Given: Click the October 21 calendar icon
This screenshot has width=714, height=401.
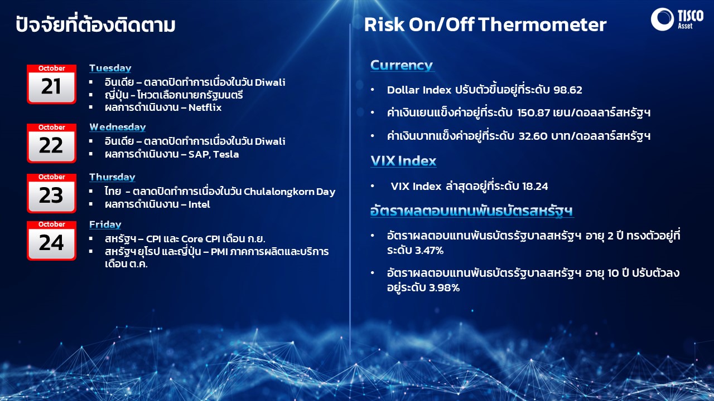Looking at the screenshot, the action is [x=51, y=84].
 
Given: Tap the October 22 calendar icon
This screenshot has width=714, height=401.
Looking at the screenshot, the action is [x=51, y=143].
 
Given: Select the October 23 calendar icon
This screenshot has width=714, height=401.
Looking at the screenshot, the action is [x=51, y=193].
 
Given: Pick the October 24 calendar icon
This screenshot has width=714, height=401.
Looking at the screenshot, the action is [x=51, y=241].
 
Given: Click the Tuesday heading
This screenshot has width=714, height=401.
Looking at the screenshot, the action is [x=110, y=68].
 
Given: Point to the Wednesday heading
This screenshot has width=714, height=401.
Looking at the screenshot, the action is [x=118, y=128].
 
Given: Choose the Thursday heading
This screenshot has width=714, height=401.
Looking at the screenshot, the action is [x=112, y=177].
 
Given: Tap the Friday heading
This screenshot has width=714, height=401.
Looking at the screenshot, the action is [x=105, y=224].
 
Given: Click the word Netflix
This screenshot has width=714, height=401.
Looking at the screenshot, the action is [x=205, y=107].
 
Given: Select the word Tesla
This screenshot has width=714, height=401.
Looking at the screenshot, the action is [x=226, y=154].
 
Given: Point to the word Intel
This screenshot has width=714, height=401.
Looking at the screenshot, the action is [x=199, y=204].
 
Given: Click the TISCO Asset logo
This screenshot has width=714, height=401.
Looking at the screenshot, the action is [x=677, y=19].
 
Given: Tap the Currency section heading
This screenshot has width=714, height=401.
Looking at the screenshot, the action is [x=402, y=65].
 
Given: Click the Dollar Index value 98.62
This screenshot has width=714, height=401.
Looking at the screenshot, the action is [x=568, y=90].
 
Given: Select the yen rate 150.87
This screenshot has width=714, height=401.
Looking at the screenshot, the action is [x=534, y=113].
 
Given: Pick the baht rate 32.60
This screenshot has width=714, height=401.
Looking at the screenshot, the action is [x=533, y=136].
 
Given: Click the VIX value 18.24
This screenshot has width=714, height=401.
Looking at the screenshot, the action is [x=535, y=186].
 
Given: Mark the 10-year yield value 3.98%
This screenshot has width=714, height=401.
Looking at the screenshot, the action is [x=445, y=288].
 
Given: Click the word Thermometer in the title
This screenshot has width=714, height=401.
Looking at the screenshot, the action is [x=542, y=25].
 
